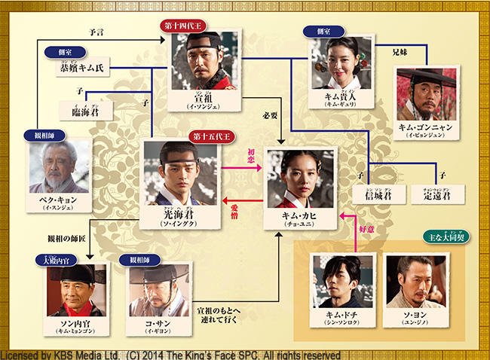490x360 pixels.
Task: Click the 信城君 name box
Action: coord(374,195)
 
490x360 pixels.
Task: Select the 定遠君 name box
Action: coord(439,195)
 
